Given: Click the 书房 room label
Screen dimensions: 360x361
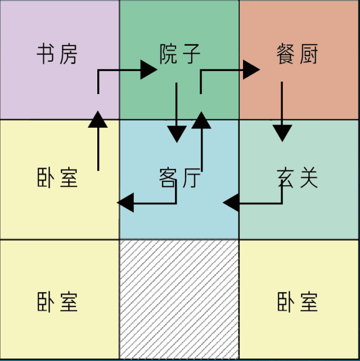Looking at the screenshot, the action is (57, 55).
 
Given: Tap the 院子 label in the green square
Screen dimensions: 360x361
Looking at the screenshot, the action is (179, 55).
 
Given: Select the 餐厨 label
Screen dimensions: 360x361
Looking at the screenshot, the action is (298, 55).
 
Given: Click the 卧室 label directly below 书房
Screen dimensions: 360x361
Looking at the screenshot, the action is (57, 178).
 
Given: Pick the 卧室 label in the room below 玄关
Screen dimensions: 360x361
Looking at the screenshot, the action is (298, 302).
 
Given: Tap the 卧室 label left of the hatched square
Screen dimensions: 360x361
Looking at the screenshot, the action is (57, 302).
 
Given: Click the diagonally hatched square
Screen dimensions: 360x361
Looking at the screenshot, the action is (179, 300).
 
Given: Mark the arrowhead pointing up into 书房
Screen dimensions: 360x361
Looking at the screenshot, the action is (98, 119).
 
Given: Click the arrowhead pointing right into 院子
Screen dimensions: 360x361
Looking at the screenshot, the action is (148, 70).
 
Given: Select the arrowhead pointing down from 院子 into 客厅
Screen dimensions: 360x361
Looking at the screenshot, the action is (177, 133).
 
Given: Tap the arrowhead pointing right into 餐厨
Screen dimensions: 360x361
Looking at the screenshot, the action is (251, 70).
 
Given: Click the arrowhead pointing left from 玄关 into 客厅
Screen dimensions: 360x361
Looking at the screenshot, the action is (231, 202).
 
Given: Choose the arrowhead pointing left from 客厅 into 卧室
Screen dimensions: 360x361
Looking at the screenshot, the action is (125, 202).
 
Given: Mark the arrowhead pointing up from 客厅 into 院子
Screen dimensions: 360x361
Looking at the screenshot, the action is (201, 119).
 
